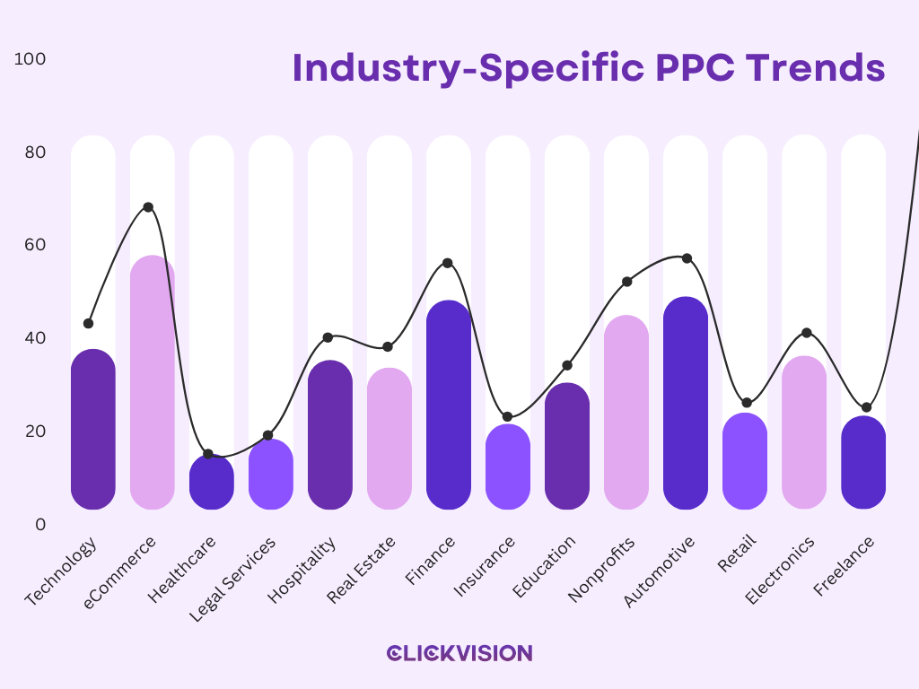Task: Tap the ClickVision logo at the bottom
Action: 459,653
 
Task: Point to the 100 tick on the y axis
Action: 31,59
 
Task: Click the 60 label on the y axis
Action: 35,245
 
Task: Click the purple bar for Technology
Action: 93,431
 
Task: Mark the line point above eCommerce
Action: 148,207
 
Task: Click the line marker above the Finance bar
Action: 447,263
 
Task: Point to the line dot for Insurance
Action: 507,416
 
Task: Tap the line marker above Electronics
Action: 806,333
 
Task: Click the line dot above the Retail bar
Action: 747,403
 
